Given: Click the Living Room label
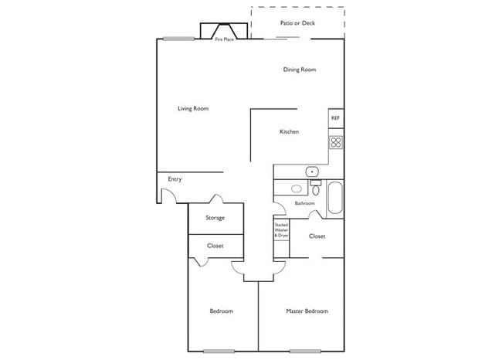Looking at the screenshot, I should pos(193,109).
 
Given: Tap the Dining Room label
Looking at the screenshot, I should pos(300,70).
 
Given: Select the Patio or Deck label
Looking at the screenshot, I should pos(297,23).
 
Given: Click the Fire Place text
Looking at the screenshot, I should pos(224,39).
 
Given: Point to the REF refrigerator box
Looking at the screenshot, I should pos(335,118).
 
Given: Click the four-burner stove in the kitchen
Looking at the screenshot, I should pos(336,142).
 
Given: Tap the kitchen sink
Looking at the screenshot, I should pos(311,172).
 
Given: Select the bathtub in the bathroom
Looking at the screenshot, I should pos(336,199).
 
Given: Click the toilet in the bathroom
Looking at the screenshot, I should pos(315,189).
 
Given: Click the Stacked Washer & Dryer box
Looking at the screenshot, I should pos(281,229).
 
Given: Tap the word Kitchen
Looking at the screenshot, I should pos(289,132).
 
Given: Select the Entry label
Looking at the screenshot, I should pos(175,180).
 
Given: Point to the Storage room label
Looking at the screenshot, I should pos(215,218).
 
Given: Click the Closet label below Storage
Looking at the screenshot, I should pos(215,246).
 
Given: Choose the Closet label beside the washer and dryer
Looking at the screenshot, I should pos(317,236).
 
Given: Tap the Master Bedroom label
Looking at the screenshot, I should pos(307,311).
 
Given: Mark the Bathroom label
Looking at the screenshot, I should pos(304,204).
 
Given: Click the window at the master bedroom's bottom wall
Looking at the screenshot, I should pos(305,352).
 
